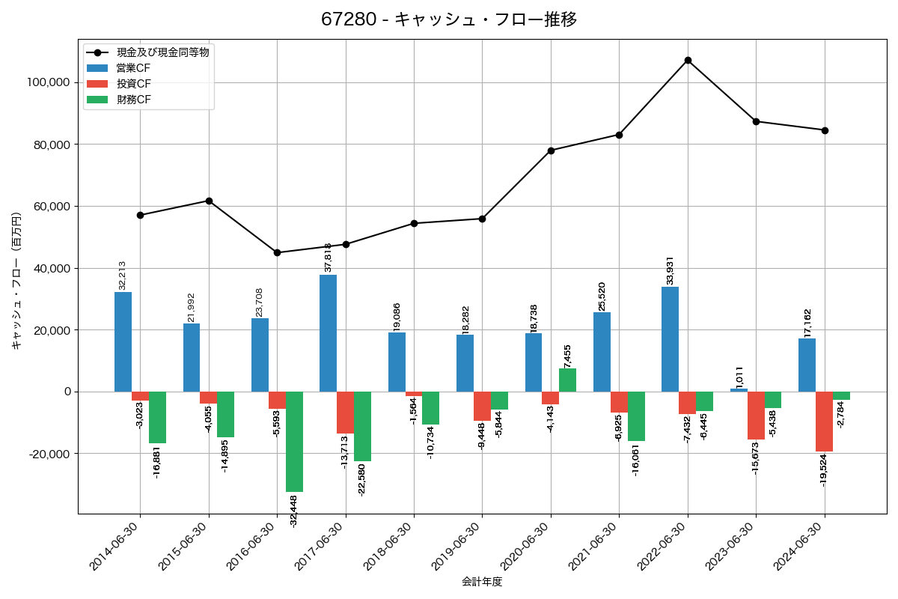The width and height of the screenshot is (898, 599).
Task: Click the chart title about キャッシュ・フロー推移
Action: click(449, 19)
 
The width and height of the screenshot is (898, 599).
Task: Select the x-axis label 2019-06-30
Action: click(458, 547)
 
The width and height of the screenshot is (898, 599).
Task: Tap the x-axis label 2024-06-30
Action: click(800, 547)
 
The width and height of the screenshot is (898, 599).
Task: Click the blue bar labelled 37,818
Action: click(328, 333)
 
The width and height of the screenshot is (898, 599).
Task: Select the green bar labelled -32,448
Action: click(294, 442)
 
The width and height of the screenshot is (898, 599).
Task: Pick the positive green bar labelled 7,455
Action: click(567, 380)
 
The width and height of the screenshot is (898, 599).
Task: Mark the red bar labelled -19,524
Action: click(824, 422)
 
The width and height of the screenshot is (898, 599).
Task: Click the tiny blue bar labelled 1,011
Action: click(739, 390)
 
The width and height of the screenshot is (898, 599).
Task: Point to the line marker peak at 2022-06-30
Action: click(688, 60)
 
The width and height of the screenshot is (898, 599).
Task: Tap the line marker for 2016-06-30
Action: click(277, 252)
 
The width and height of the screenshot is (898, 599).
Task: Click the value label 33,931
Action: click(671, 270)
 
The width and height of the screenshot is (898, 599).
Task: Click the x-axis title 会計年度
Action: click(482, 582)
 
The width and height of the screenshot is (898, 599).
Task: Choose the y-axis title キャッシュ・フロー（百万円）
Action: click(16, 282)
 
